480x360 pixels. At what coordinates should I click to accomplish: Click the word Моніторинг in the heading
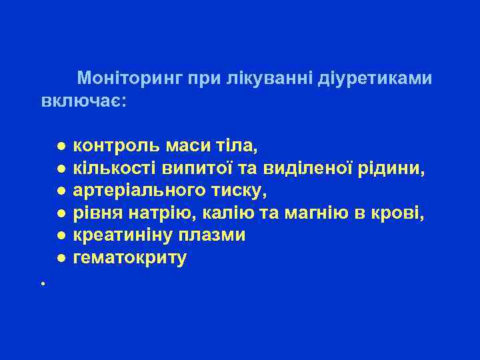[130, 79]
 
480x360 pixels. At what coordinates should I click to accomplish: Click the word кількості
[108, 168]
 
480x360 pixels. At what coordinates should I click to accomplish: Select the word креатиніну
[121, 236]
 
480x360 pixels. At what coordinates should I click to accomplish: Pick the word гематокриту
[130, 259]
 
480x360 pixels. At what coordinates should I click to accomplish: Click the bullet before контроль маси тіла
[60, 146]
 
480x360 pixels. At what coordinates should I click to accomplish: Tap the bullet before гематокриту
[60, 259]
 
